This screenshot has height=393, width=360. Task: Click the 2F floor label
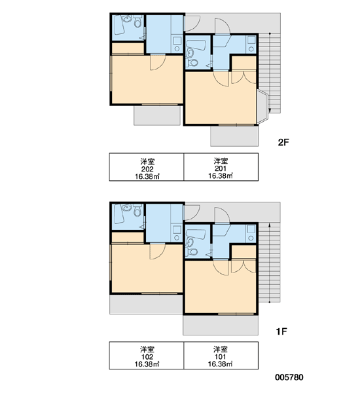(x=283, y=142)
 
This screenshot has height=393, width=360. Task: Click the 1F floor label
(x=281, y=331)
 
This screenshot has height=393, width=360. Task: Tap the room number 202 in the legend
(x=147, y=169)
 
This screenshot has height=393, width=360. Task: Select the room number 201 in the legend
(x=221, y=169)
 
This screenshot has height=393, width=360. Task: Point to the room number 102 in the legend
(x=147, y=357)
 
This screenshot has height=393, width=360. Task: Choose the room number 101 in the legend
(x=221, y=357)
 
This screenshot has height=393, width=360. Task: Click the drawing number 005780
(x=289, y=377)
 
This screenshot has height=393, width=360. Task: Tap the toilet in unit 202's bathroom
(x=137, y=22)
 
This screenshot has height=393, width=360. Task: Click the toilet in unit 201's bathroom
(x=192, y=63)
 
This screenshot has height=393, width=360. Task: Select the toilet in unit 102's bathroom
(x=137, y=210)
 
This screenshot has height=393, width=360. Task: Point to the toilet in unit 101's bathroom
(x=192, y=252)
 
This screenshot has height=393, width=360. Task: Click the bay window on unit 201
(x=262, y=107)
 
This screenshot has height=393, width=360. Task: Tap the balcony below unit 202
(x=157, y=115)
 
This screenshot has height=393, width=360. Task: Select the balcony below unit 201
(x=234, y=136)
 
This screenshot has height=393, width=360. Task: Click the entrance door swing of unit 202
(x=192, y=23)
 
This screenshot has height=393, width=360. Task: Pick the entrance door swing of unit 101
(x=222, y=215)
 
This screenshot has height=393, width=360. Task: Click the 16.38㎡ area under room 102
(x=147, y=364)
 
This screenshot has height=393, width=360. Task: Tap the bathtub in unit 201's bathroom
(x=196, y=45)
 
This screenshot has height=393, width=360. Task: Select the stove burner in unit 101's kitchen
(x=251, y=238)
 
